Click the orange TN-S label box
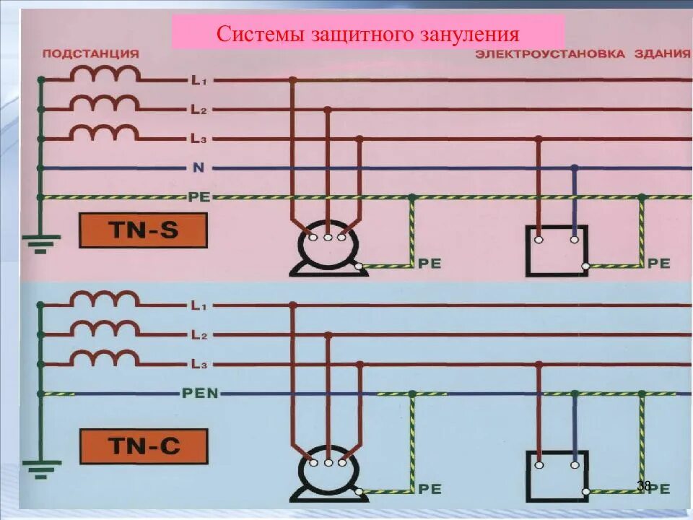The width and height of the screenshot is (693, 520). click(143, 231)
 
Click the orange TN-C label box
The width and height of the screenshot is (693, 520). click(143, 446)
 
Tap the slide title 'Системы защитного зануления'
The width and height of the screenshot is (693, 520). click(368, 34)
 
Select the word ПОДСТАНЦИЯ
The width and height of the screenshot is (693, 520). click(91, 53)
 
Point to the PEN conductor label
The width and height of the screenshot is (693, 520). click(200, 394)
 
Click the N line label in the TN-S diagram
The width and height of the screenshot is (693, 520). click(198, 168)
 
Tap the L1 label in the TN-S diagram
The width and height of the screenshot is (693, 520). click(199, 81)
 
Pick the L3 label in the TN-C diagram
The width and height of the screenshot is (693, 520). click(199, 364)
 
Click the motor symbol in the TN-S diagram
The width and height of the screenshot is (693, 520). click(326, 253)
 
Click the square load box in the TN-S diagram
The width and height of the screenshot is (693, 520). click(557, 251)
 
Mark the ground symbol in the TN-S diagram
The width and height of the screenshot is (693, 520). click(40, 243)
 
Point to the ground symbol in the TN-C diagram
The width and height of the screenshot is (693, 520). click(40, 468)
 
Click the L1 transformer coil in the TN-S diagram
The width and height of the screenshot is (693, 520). click(105, 75)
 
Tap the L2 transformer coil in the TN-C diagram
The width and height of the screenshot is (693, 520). click(105, 329)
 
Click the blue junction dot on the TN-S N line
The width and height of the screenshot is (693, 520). click(575, 168)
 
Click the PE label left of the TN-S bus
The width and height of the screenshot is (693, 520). click(199, 196)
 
